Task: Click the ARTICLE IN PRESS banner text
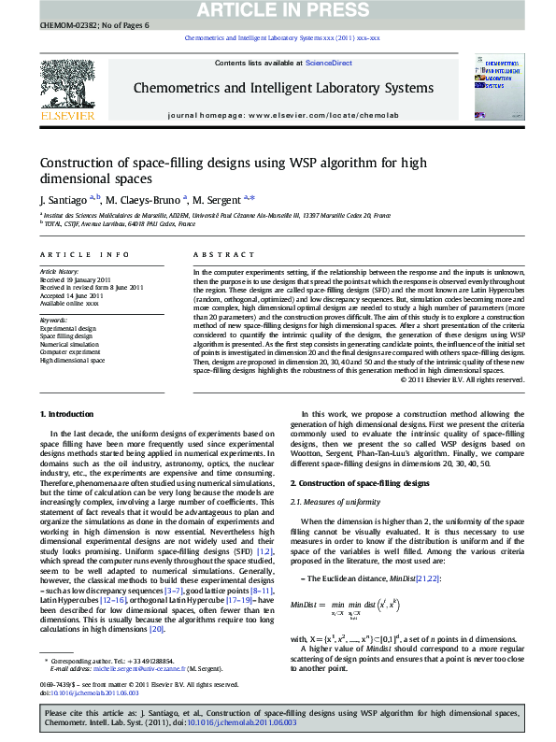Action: click(x=278, y=9)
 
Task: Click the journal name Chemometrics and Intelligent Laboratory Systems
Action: click(x=278, y=89)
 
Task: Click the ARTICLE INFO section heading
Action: click(x=84, y=254)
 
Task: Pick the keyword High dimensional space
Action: click(x=72, y=360)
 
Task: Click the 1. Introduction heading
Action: click(x=67, y=414)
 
